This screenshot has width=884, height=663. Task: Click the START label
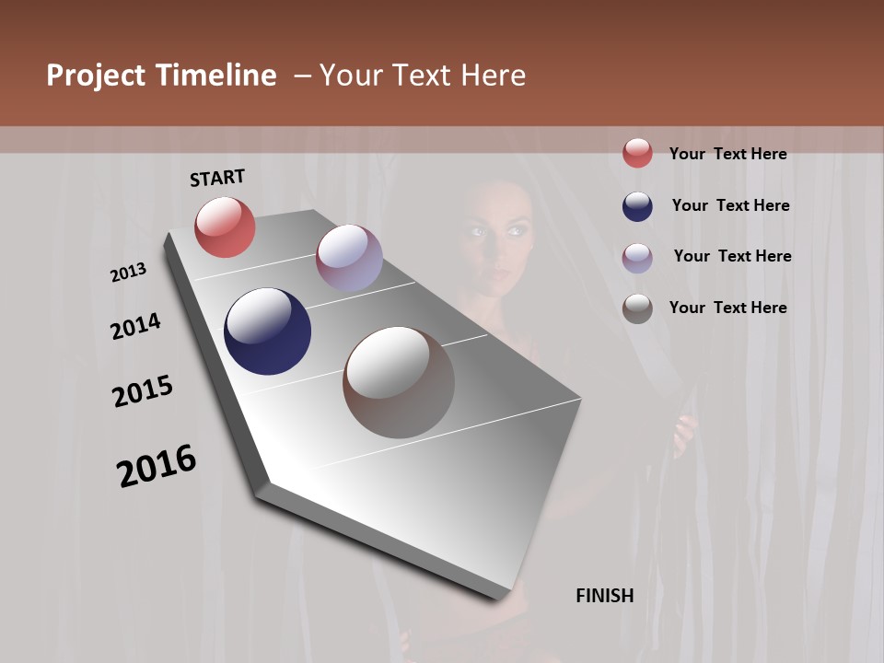[217, 178]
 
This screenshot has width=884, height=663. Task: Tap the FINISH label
[605, 596]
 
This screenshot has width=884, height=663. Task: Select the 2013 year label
[129, 273]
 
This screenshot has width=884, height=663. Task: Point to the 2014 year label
[136, 327]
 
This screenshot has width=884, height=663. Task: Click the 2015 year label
[143, 391]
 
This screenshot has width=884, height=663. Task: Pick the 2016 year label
[157, 466]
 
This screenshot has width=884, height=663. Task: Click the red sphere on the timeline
[225, 227]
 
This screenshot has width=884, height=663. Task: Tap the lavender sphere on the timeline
[349, 258]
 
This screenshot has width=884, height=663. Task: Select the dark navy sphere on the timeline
[267, 331]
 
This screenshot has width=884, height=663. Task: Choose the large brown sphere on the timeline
[399, 382]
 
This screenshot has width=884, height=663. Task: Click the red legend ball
[637, 153]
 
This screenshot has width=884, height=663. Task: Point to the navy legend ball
[637, 205]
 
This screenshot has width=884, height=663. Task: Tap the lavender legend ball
[637, 257]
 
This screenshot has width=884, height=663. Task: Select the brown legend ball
[637, 308]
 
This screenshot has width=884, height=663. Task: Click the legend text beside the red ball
[727, 154]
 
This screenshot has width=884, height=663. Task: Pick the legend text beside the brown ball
[727, 308]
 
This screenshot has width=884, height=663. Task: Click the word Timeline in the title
[215, 76]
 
